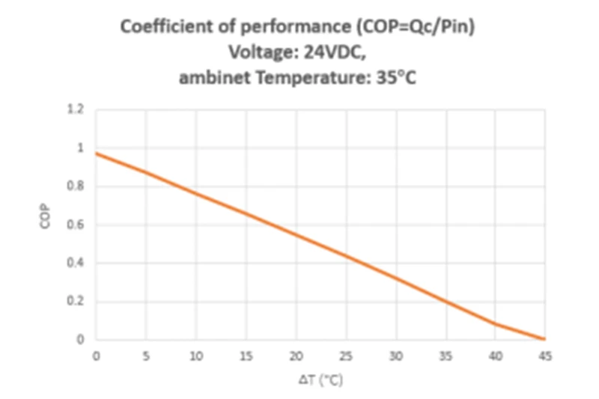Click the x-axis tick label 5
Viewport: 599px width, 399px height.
point(145,356)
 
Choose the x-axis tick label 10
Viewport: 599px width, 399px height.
point(195,356)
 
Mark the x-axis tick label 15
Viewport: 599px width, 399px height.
point(246,356)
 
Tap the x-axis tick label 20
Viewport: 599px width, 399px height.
point(296,356)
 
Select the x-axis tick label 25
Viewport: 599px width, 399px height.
point(345,356)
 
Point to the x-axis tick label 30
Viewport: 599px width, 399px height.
point(395,356)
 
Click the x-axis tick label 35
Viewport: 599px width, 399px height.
point(446,356)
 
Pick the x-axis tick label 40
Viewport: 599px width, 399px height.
point(495,356)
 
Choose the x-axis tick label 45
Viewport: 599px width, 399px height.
point(545,356)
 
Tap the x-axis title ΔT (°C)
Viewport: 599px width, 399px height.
point(320,380)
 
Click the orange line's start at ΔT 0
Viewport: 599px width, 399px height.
point(96,153)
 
